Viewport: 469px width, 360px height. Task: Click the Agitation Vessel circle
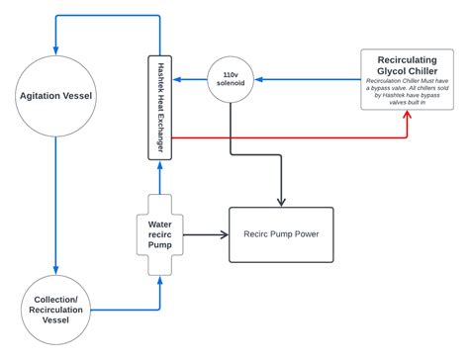[56, 95]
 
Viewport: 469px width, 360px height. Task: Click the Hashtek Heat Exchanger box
[158, 108]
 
